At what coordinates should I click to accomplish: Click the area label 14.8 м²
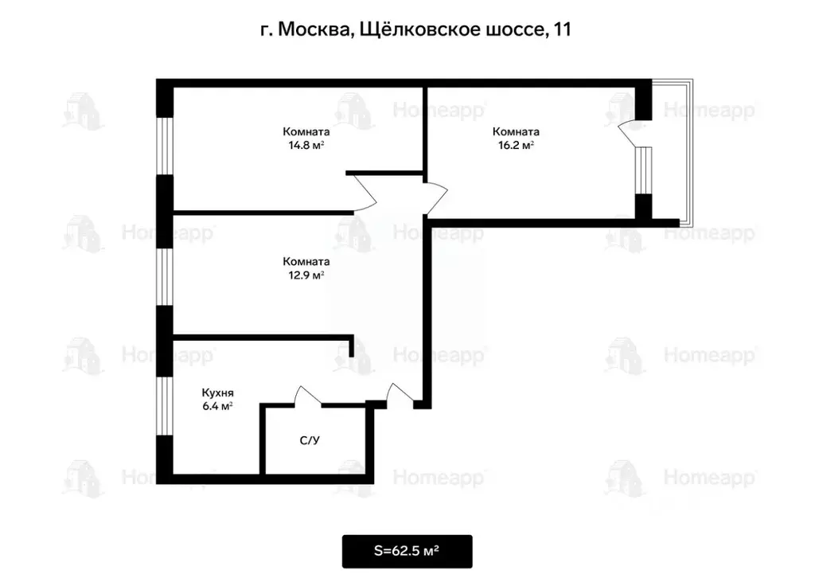pyautogui.click(x=306, y=146)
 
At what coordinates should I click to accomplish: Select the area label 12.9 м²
pyautogui.click(x=306, y=275)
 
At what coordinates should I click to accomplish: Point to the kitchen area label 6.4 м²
pyautogui.click(x=216, y=406)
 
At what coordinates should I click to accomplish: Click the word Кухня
pyautogui.click(x=217, y=393)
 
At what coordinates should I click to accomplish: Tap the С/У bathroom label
pyautogui.click(x=310, y=439)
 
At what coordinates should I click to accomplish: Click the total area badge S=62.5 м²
pyautogui.click(x=407, y=551)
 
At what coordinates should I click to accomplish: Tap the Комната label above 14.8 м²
pyautogui.click(x=306, y=131)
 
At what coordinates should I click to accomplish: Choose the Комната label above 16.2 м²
pyautogui.click(x=516, y=131)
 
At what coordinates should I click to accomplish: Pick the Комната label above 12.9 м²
pyautogui.click(x=306, y=261)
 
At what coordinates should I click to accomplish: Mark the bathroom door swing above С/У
pyautogui.click(x=308, y=396)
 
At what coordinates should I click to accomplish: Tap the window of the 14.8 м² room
pyautogui.click(x=165, y=146)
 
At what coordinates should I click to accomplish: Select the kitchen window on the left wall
pyautogui.click(x=165, y=406)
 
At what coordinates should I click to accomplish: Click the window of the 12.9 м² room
pyautogui.click(x=165, y=277)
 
